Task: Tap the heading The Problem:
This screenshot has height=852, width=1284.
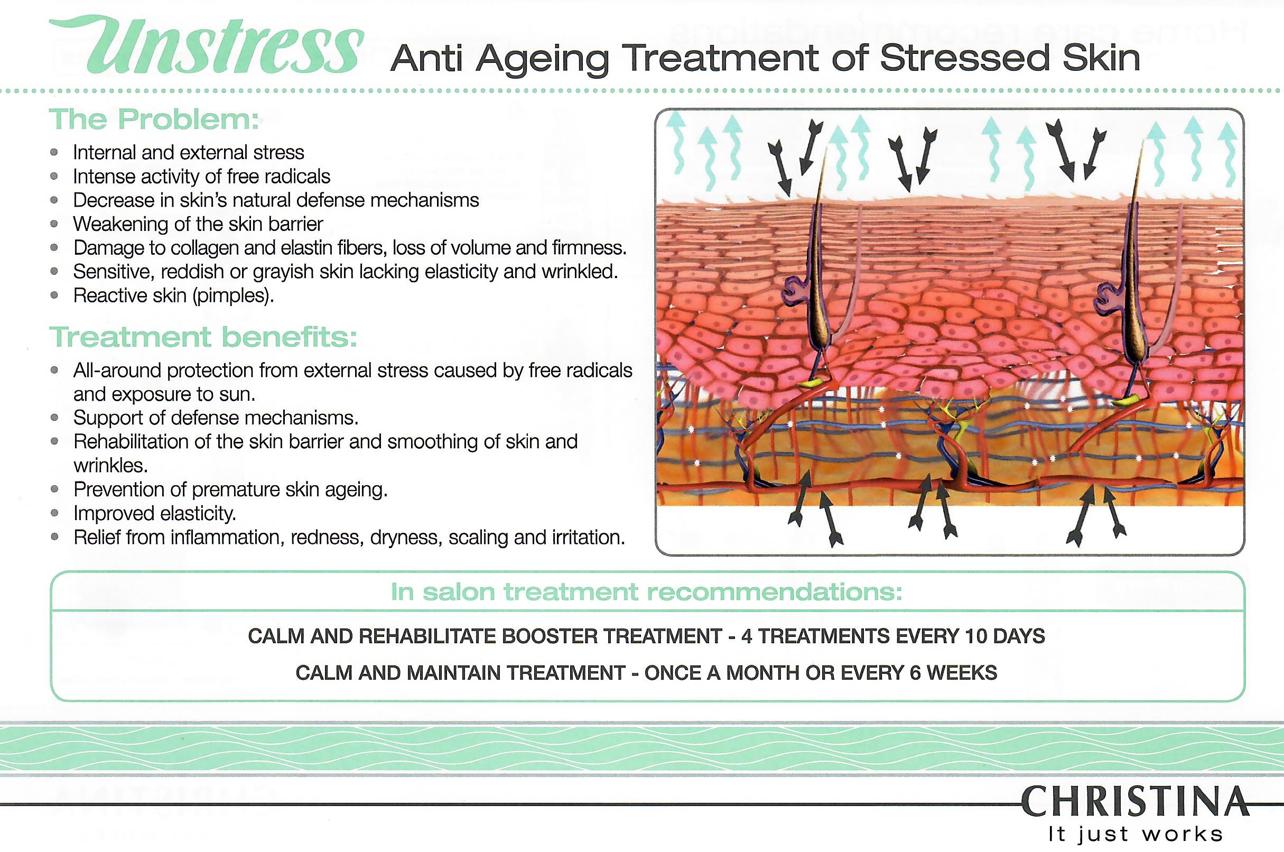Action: click(x=154, y=119)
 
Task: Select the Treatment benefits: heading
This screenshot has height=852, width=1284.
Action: click(x=203, y=337)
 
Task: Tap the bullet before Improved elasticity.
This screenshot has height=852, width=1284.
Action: click(x=54, y=513)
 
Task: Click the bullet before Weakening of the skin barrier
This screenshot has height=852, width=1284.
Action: click(x=54, y=224)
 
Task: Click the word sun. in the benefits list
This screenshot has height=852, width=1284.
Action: click(x=237, y=394)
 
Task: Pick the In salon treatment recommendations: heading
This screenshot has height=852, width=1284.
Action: click(x=646, y=592)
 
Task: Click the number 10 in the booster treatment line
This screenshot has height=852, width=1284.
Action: click(x=975, y=636)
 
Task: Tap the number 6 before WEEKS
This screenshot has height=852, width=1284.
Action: click(x=915, y=673)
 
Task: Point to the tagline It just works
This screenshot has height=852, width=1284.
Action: click(x=1135, y=834)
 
